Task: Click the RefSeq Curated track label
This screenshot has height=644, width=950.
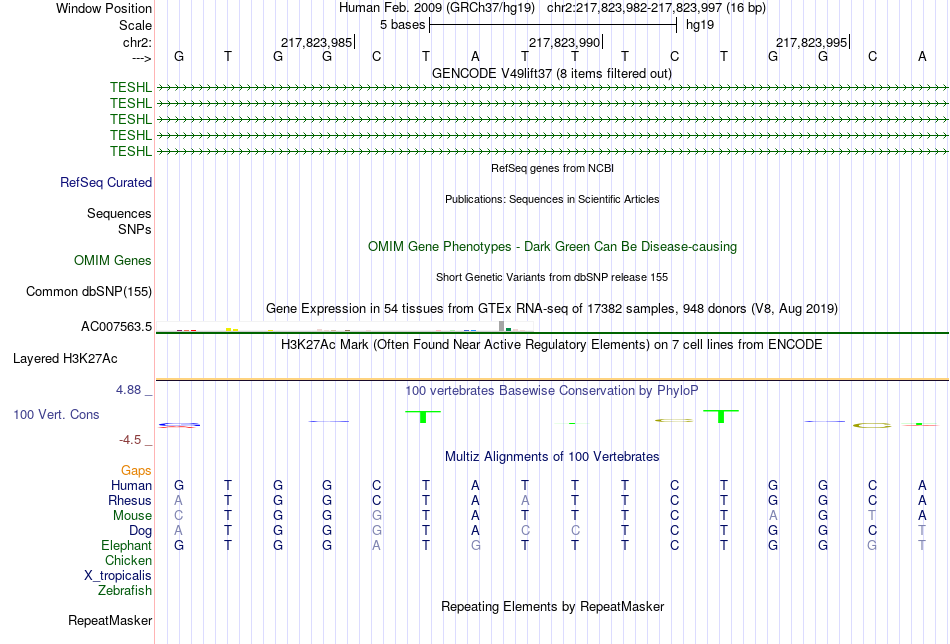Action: point(106,182)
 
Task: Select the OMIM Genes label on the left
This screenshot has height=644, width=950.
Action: point(113,261)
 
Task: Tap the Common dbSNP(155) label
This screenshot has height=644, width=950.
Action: point(89,291)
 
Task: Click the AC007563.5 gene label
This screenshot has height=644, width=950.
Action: point(116,327)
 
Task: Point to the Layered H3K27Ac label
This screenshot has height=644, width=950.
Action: point(65,359)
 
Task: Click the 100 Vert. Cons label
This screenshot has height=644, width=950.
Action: point(56,414)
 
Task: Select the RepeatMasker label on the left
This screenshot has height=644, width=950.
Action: point(110,620)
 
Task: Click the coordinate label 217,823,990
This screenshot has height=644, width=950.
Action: point(564,42)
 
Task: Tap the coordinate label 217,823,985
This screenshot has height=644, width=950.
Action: point(316,42)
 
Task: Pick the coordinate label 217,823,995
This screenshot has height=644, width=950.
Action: point(811,42)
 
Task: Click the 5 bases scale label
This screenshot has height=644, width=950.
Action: point(402,25)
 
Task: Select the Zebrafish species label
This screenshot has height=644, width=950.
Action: point(125,590)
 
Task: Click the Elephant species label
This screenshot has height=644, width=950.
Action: point(126,545)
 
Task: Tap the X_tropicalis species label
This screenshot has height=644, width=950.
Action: point(118,576)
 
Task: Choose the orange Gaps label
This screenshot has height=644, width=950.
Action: point(136,470)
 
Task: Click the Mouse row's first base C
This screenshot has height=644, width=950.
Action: point(178,516)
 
